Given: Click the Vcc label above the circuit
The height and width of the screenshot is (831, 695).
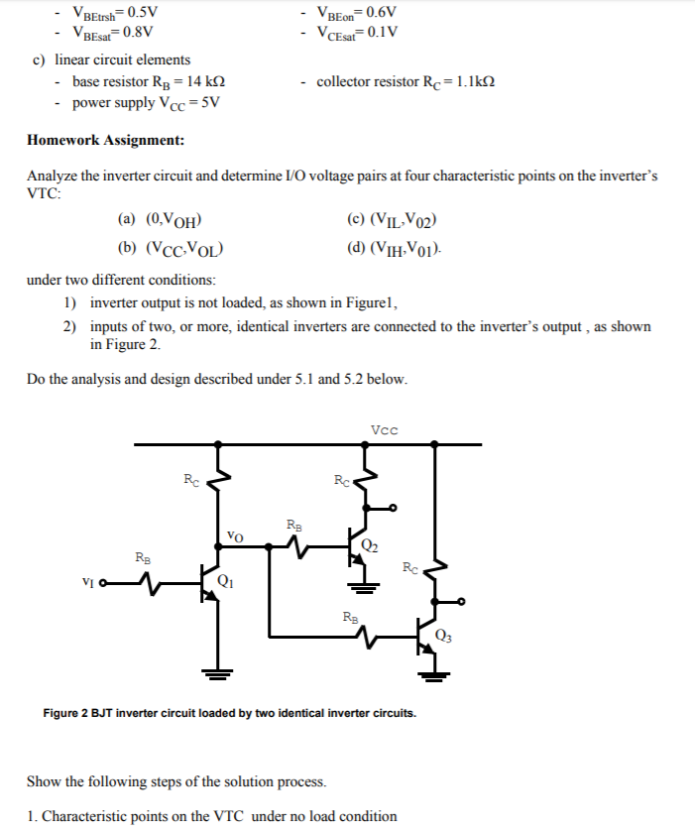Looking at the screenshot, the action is click(x=383, y=429).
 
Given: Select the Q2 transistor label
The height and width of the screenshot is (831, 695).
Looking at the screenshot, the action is click(x=370, y=543).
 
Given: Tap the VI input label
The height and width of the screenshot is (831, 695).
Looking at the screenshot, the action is click(x=88, y=582).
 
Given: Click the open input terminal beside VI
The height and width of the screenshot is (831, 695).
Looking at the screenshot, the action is click(x=102, y=583).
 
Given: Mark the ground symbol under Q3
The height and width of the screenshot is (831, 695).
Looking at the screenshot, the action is click(x=435, y=677).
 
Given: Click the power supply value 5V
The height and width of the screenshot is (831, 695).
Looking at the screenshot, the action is click(x=210, y=102).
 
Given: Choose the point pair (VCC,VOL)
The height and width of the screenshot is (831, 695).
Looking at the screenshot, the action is click(x=184, y=249).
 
